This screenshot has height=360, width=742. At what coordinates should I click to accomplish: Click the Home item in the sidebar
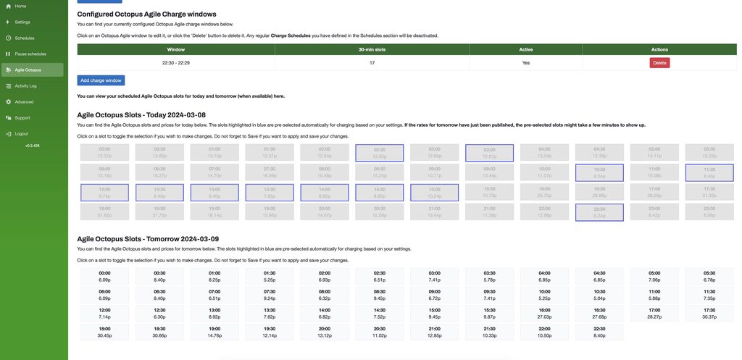tap(20, 6)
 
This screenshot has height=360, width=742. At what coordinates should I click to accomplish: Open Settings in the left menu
tap(22, 22)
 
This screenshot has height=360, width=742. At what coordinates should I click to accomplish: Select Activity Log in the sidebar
tap(25, 85)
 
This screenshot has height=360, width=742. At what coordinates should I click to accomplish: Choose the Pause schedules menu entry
tap(30, 54)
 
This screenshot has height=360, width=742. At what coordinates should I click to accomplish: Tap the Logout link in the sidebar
tap(21, 133)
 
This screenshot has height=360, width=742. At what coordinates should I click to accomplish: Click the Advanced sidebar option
tap(24, 101)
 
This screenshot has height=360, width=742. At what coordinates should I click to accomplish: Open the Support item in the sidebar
tap(22, 117)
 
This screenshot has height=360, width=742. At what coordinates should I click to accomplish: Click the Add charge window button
tap(101, 80)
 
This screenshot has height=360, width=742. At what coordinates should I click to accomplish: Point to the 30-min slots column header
tap(372, 49)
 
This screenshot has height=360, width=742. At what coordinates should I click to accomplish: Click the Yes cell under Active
tap(526, 63)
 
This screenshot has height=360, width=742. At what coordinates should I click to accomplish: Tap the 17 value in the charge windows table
tap(372, 63)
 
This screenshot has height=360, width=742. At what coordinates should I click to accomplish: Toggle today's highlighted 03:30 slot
tap(489, 153)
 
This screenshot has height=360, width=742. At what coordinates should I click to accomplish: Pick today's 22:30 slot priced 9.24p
tap(599, 212)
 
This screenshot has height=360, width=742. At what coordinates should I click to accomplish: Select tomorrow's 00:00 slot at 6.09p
tap(104, 277)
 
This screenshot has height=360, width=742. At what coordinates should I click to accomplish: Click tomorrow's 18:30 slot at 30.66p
tap(159, 332)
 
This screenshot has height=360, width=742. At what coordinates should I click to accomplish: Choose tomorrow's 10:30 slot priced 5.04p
tap(599, 295)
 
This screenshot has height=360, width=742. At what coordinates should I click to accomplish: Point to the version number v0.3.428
tap(32, 146)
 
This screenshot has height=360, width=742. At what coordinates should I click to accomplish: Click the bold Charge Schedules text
tap(290, 35)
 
